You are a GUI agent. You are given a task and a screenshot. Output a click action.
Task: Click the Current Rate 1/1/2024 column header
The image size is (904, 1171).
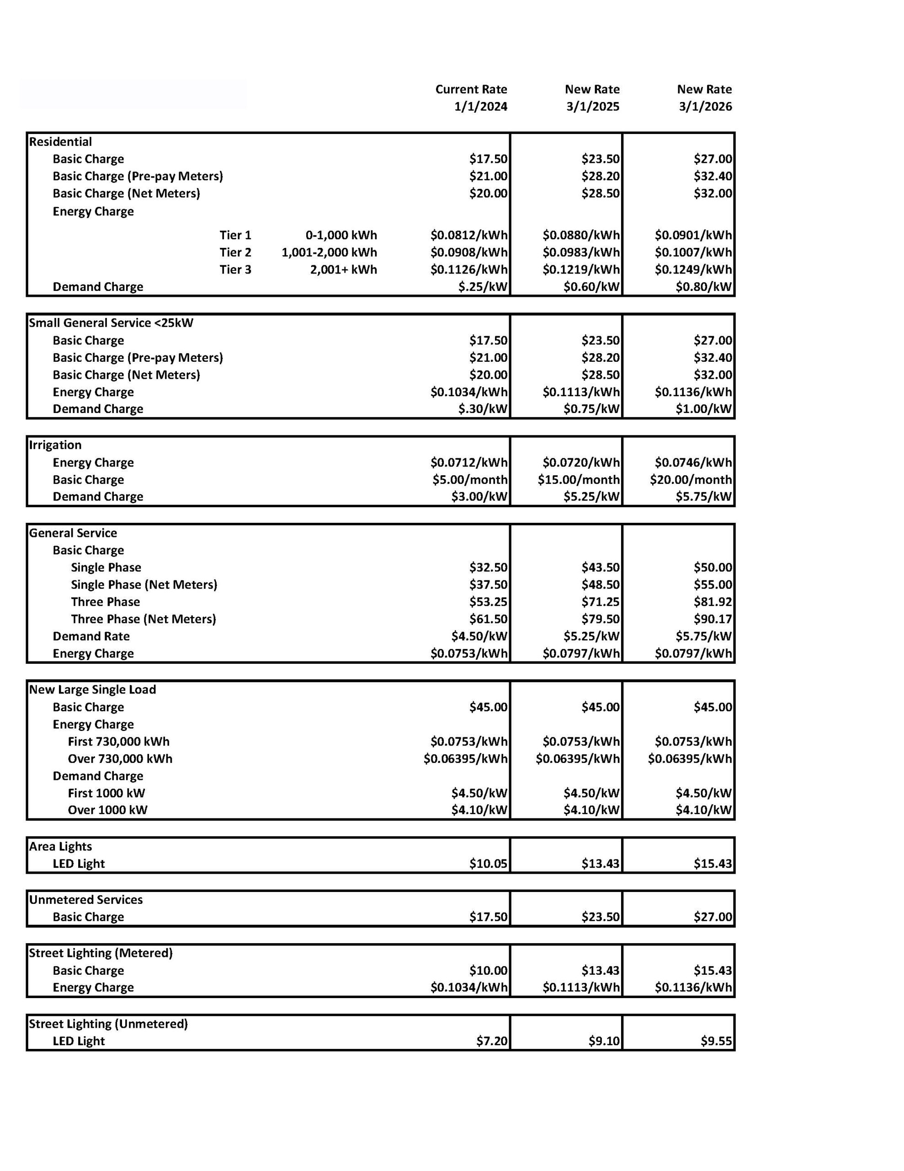pyautogui.click(x=471, y=97)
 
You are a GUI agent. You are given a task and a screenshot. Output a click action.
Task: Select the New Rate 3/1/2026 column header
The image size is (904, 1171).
pyautogui.click(x=704, y=97)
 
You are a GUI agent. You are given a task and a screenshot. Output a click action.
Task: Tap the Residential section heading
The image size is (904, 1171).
pyautogui.click(x=60, y=141)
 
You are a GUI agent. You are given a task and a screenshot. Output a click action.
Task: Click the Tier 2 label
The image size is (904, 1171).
pyautogui.click(x=235, y=252)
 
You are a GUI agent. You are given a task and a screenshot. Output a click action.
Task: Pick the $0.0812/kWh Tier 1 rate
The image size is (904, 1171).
pyautogui.click(x=469, y=235)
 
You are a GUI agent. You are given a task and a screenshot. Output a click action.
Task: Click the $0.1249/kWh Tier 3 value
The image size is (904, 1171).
pyautogui.click(x=693, y=269)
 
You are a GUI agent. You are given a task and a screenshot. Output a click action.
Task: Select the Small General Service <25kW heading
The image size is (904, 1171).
pyautogui.click(x=111, y=323)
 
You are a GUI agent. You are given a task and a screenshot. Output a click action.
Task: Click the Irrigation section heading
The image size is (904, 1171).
pyautogui.click(x=55, y=445)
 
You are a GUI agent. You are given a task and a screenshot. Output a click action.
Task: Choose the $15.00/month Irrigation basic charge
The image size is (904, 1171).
pyautogui.click(x=579, y=479)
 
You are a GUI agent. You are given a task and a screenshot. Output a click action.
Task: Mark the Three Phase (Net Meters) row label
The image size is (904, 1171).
pyautogui.click(x=143, y=619)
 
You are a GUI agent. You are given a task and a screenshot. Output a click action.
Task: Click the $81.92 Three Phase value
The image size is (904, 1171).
pyautogui.click(x=713, y=602)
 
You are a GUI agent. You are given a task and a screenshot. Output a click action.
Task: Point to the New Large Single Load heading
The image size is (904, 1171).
pyautogui.click(x=92, y=689)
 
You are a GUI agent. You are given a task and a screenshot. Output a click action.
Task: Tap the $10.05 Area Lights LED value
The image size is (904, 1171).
pyautogui.click(x=488, y=863)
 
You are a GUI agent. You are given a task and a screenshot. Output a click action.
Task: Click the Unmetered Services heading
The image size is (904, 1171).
pyautogui.click(x=86, y=899)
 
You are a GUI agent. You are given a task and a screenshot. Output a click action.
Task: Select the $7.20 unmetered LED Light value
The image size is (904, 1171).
pyautogui.click(x=492, y=1041)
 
